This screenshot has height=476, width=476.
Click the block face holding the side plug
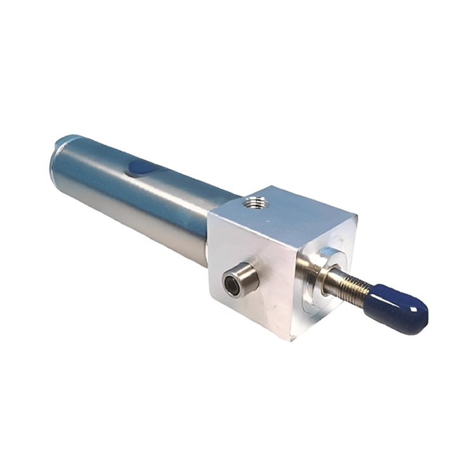pos(251,273)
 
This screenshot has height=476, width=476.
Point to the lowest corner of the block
pos(291,340)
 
